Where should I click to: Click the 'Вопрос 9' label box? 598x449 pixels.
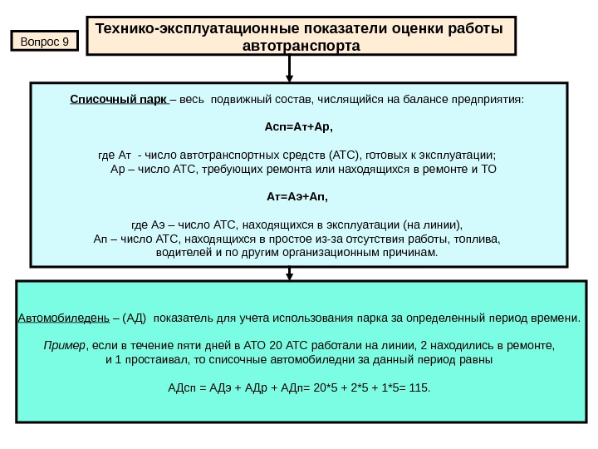tap(44, 40)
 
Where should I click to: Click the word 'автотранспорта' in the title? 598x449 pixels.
tap(301, 47)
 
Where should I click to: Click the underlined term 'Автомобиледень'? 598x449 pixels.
tap(63, 318)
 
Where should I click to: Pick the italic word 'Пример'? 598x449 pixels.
tap(62, 345)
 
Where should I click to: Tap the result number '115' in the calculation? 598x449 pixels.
tap(420, 387)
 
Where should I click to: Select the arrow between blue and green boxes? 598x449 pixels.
tap(289, 274)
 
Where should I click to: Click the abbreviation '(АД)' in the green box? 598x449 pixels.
tap(134, 318)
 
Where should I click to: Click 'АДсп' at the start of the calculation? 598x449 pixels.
tap(182, 387)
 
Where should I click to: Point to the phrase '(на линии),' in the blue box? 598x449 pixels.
tap(432, 224)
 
